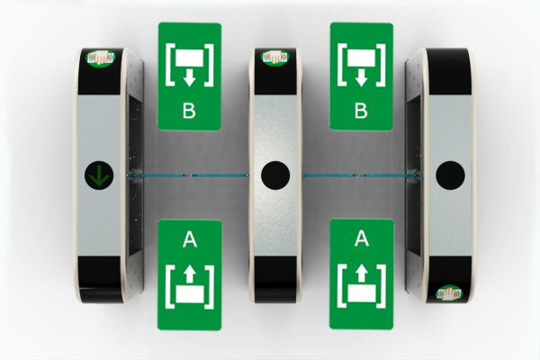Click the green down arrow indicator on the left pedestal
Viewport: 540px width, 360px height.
click(x=99, y=175)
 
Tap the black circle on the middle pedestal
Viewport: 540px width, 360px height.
click(x=275, y=175)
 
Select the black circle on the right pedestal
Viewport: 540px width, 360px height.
click(x=450, y=175)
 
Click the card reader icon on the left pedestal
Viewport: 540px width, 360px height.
click(x=101, y=58)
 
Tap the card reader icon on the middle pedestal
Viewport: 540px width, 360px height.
click(x=274, y=58)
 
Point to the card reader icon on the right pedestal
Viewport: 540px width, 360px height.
click(x=449, y=293)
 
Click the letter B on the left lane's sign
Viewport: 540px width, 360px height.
click(x=189, y=111)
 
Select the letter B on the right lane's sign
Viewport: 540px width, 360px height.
click(x=361, y=111)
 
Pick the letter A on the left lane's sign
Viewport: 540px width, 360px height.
click(x=190, y=239)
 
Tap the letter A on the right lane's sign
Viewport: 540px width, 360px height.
click(x=362, y=238)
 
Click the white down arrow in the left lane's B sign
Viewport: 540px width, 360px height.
click(x=189, y=77)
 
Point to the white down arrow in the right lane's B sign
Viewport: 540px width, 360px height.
click(x=361, y=77)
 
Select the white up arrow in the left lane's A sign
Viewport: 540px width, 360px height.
click(x=190, y=274)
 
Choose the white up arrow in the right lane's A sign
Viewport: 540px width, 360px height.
click(x=362, y=274)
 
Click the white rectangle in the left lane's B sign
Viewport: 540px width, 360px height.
click(x=189, y=58)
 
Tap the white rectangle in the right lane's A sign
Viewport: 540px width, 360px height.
click(x=362, y=292)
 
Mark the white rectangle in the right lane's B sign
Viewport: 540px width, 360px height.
click(x=361, y=58)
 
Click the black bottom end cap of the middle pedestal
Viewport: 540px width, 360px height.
click(x=275, y=279)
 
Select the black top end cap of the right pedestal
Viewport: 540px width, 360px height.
click(x=449, y=71)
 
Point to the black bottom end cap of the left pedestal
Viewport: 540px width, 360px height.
click(x=100, y=279)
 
